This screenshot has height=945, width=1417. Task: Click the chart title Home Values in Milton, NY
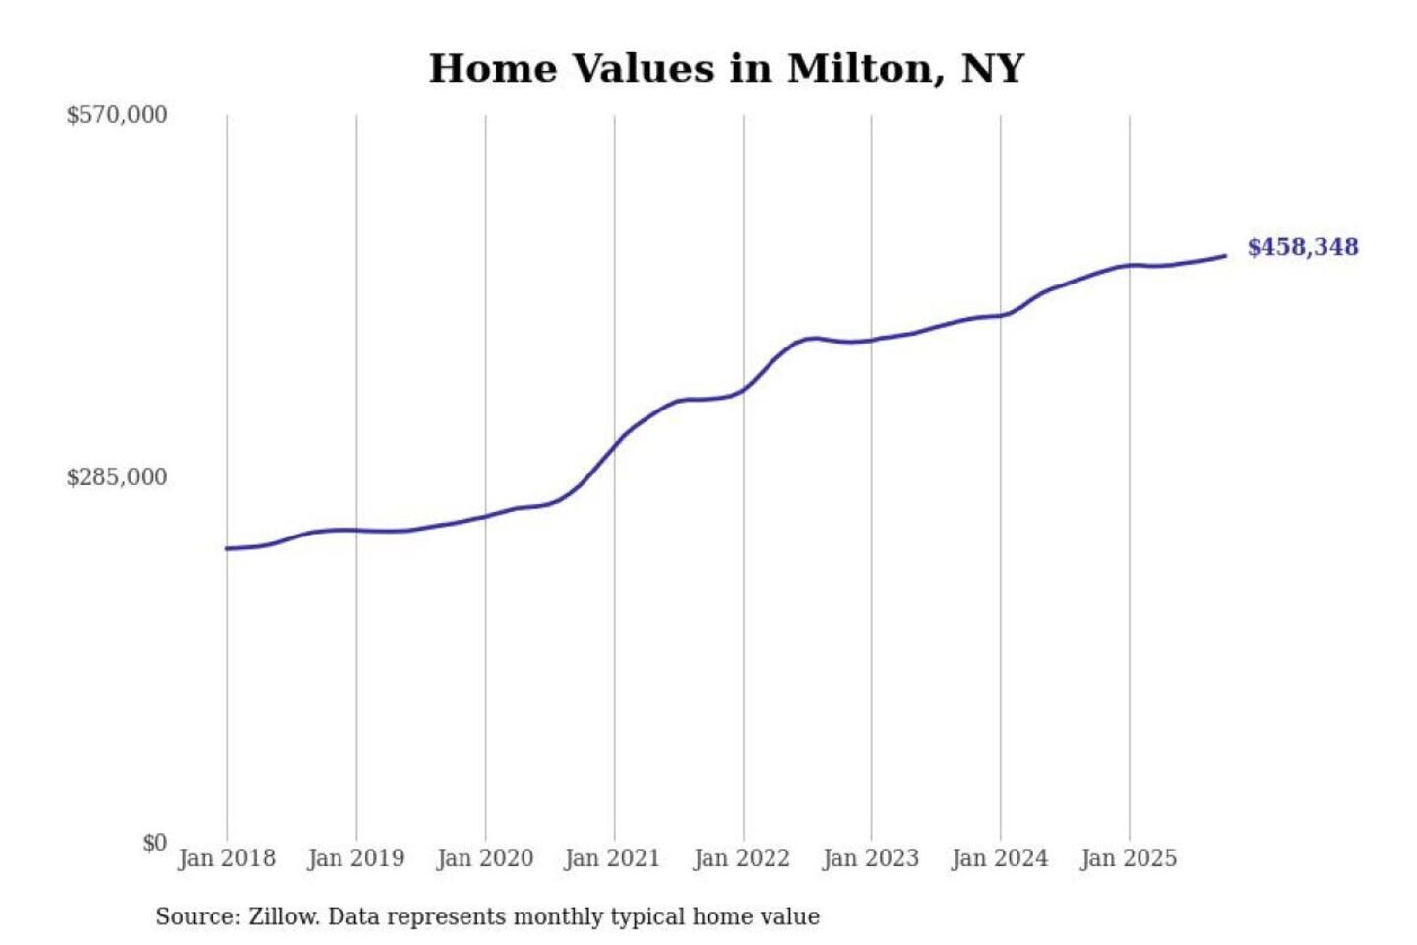tap(726, 69)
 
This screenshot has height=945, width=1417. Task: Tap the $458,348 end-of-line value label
tap(1302, 247)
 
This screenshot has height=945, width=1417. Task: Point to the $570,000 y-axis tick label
tap(117, 115)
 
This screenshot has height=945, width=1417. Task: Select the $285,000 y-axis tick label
tap(117, 477)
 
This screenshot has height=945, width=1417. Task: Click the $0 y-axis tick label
tap(154, 843)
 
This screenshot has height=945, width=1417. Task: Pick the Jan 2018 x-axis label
tap(226, 858)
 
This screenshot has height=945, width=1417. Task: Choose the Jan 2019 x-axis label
tap(355, 858)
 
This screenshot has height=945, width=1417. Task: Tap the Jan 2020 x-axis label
tap(484, 858)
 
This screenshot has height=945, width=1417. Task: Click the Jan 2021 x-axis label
tap(612, 858)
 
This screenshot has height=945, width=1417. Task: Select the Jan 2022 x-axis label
tap(741, 858)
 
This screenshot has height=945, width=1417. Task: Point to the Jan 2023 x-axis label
tap(870, 858)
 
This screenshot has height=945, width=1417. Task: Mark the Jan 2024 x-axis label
tap(999, 858)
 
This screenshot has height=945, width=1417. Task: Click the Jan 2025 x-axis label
tap(1128, 858)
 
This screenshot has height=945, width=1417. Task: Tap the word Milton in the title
tap(858, 69)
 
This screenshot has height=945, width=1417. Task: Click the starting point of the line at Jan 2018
tap(227, 548)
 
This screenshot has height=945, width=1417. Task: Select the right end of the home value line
tap(1225, 256)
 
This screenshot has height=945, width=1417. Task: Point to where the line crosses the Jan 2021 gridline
tap(615, 445)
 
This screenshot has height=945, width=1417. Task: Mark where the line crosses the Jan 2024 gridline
tap(1001, 315)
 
